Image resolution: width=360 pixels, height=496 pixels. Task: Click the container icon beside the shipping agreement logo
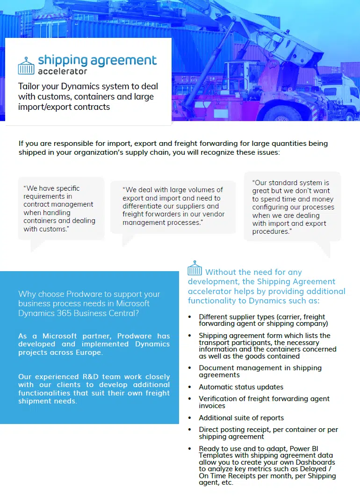(26, 65)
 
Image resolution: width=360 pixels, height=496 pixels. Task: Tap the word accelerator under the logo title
(62, 72)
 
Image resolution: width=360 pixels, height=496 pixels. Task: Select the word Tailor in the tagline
(29, 86)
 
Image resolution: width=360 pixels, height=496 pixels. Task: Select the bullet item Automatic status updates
(241, 387)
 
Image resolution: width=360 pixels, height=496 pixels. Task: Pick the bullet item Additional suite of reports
(241, 418)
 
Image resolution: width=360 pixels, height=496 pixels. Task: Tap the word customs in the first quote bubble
(53, 229)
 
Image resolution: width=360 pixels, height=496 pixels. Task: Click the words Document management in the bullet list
(234, 368)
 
